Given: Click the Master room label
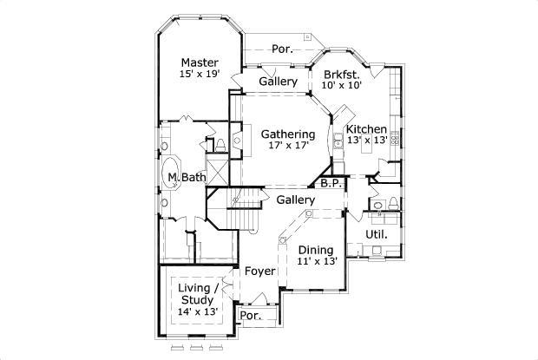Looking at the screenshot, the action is point(200,62).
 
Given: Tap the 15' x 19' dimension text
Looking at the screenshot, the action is point(200,74).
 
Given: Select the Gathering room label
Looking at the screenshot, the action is point(288,134).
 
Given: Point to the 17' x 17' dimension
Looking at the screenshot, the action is point(289,146).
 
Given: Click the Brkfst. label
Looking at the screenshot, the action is point(341,75).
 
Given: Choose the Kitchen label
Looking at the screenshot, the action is point(366,129).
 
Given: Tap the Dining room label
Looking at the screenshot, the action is point(316,251).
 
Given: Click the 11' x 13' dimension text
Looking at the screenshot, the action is point(318,261).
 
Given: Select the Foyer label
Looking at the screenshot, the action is point(259,272).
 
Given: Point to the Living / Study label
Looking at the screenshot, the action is point(198,294).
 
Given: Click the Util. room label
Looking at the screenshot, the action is point(377,234).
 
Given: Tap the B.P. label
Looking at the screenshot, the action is point(331,183).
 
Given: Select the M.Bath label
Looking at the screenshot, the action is point(187,177).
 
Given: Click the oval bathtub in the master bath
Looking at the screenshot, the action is point(170,173).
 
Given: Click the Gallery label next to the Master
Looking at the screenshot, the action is point(278,82).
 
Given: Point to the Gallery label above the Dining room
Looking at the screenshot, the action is point(295,200).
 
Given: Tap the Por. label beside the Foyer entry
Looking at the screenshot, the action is point(251,316).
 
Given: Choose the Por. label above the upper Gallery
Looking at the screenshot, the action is point(282,49).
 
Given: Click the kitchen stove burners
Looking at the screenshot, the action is point(395,138).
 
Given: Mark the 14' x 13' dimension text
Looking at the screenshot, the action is point(198,311).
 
